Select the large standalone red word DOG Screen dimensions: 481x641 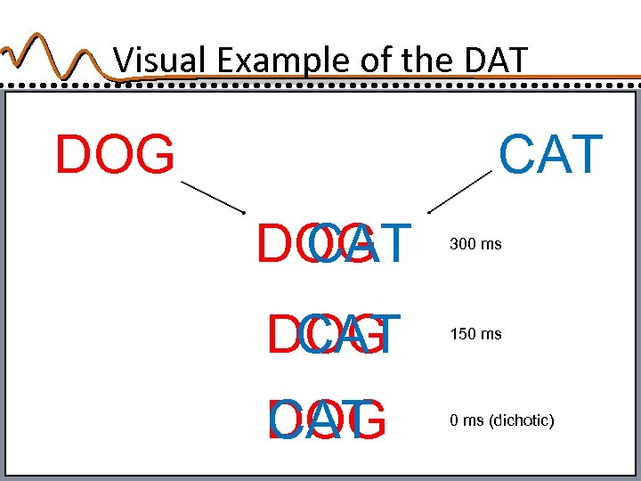[x=115, y=155]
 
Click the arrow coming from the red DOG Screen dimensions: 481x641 [x=213, y=196]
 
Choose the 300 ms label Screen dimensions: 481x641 [x=475, y=243]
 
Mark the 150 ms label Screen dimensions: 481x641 [x=475, y=334]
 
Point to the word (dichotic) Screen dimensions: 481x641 [x=521, y=420]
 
